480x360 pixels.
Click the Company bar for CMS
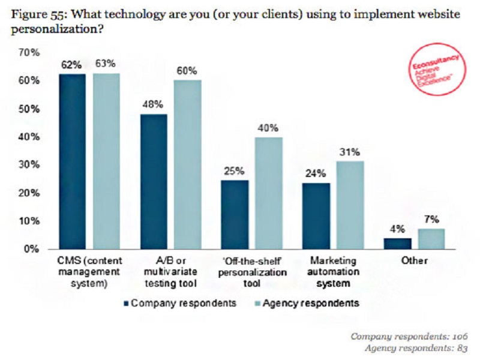pos(72,161)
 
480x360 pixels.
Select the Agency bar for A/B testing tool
pos(188,164)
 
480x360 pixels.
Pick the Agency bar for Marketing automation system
pos(349,205)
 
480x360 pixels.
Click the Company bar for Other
pos(398,243)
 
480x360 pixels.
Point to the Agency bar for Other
pos(431,238)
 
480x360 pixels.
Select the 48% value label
pos(152,104)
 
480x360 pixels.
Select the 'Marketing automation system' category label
pos(332,271)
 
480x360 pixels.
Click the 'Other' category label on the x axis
pos(415,261)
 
